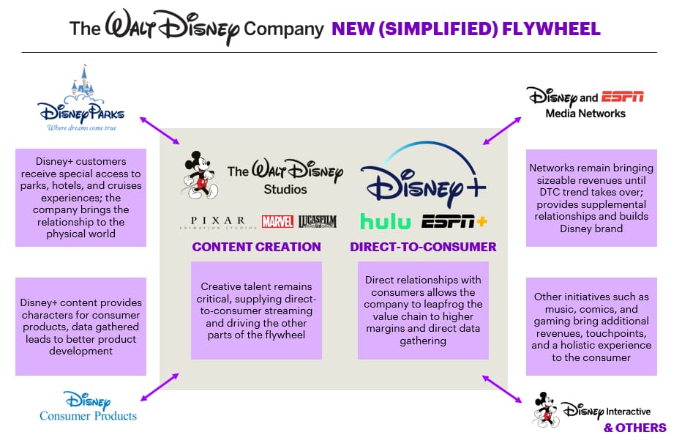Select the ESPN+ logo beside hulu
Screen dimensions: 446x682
click(454, 220)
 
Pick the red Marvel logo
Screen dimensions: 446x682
click(277, 221)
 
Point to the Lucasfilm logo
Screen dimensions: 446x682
click(317, 221)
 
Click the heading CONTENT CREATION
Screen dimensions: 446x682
click(256, 247)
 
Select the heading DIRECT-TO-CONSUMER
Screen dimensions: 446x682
click(423, 247)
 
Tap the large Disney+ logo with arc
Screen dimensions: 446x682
click(423, 176)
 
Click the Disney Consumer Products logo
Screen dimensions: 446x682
click(88, 406)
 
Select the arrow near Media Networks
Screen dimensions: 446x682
click(501, 129)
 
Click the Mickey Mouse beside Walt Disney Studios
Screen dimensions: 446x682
click(196, 174)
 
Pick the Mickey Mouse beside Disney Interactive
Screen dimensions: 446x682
click(545, 410)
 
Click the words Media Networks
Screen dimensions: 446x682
click(585, 114)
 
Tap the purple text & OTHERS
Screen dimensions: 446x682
click(634, 428)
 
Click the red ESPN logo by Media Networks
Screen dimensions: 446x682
click(622, 97)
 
